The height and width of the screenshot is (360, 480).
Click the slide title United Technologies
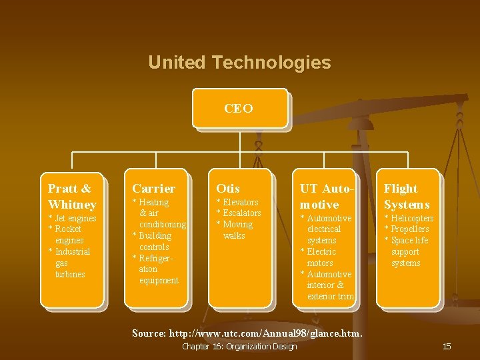[239, 63]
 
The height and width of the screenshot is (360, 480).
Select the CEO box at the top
[239, 108]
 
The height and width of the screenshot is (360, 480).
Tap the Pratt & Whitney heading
[72, 197]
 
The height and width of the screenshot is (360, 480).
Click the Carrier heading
[154, 189]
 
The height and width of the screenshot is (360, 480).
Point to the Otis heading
[228, 189]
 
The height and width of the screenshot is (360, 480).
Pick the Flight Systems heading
[407, 197]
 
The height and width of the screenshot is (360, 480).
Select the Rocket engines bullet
[68, 235]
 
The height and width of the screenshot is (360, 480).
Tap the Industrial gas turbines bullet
[70, 263]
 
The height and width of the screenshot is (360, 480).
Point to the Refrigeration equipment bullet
[157, 269]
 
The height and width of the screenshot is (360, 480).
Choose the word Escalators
[241, 213]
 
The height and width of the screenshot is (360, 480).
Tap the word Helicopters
[412, 219]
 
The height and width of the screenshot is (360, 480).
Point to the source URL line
[247, 333]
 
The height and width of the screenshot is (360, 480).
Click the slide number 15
[447, 346]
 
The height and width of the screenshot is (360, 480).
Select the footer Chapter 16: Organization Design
[239, 346]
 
